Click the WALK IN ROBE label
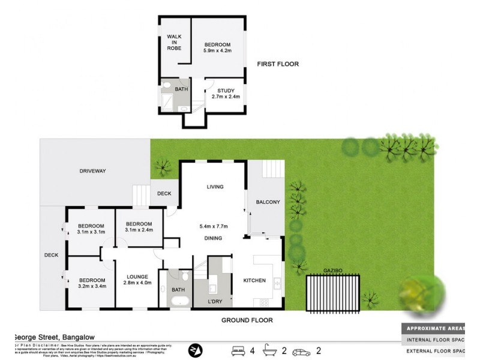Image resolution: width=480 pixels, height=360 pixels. (x=174, y=43)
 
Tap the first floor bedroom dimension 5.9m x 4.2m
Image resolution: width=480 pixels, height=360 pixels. (x=217, y=52)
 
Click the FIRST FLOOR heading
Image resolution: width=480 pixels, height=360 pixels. (x=278, y=64)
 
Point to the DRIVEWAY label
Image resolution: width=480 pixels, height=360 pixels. (x=92, y=171)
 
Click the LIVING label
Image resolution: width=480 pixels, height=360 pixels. (x=215, y=187)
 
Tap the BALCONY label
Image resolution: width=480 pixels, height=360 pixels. (x=268, y=202)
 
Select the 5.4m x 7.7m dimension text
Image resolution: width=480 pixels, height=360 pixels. (x=214, y=226)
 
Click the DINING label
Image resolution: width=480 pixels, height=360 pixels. (x=213, y=238)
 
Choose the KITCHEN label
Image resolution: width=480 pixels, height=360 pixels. (x=254, y=280)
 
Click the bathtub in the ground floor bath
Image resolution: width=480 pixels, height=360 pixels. (x=179, y=301)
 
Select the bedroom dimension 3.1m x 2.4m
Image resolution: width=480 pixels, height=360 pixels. (x=139, y=229)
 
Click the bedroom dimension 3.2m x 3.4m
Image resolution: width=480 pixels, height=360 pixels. (x=92, y=287)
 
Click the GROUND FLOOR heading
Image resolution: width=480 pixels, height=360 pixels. (x=247, y=320)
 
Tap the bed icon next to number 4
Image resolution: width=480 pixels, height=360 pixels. (x=239, y=349)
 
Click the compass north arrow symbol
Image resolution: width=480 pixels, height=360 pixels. (x=196, y=349)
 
